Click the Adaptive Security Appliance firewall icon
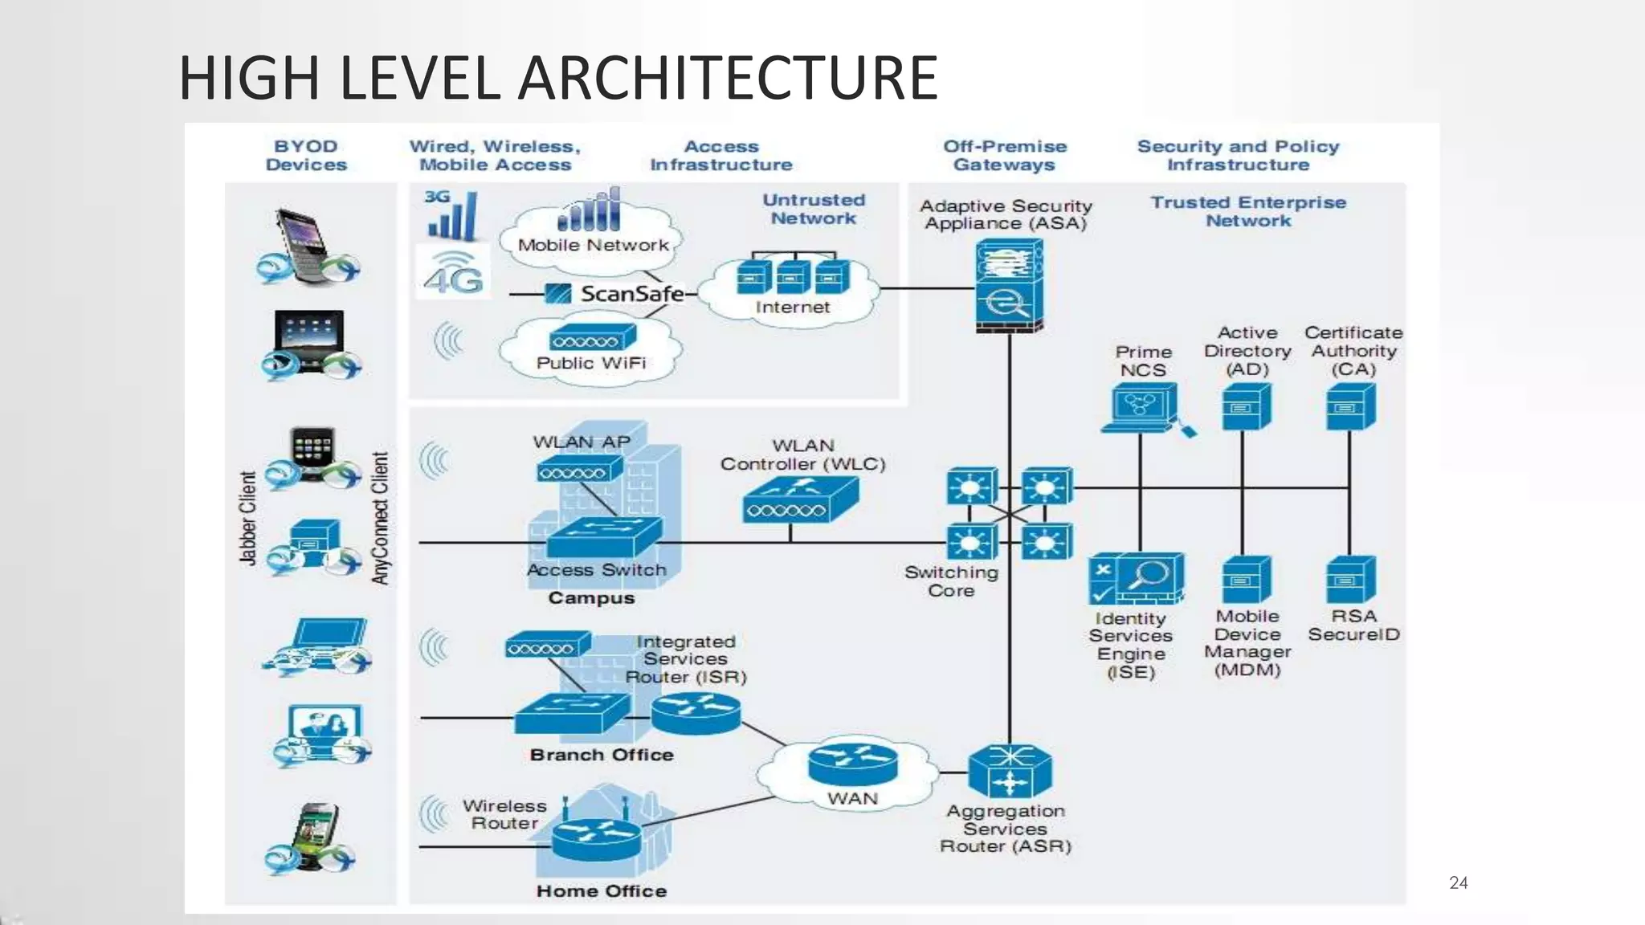click(1009, 287)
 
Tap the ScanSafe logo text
click(631, 294)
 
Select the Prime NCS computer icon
click(1141, 408)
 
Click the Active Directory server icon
click(1245, 406)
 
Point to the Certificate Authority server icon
click(1350, 406)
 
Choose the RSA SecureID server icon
click(1350, 580)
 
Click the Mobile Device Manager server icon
click(1245, 580)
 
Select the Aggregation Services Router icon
click(1010, 772)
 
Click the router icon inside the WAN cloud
click(852, 764)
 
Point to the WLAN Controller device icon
click(800, 499)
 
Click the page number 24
click(1458, 883)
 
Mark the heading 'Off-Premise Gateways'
click(1004, 156)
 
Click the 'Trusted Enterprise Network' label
click(1247, 212)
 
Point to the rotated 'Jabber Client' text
click(248, 519)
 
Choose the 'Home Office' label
click(601, 890)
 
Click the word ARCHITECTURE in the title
click(728, 78)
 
